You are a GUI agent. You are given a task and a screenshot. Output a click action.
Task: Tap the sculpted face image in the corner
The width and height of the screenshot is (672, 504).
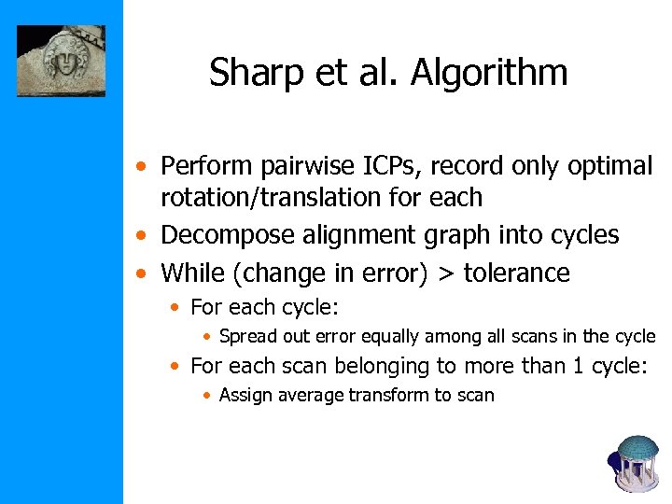coord(62,62)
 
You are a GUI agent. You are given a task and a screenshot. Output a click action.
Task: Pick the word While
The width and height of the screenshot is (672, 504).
coord(189,273)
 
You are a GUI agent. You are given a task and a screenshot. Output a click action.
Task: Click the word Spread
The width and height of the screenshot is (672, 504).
coord(247,337)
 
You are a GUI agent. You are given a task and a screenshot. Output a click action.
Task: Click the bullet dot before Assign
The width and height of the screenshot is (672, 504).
coord(208,396)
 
